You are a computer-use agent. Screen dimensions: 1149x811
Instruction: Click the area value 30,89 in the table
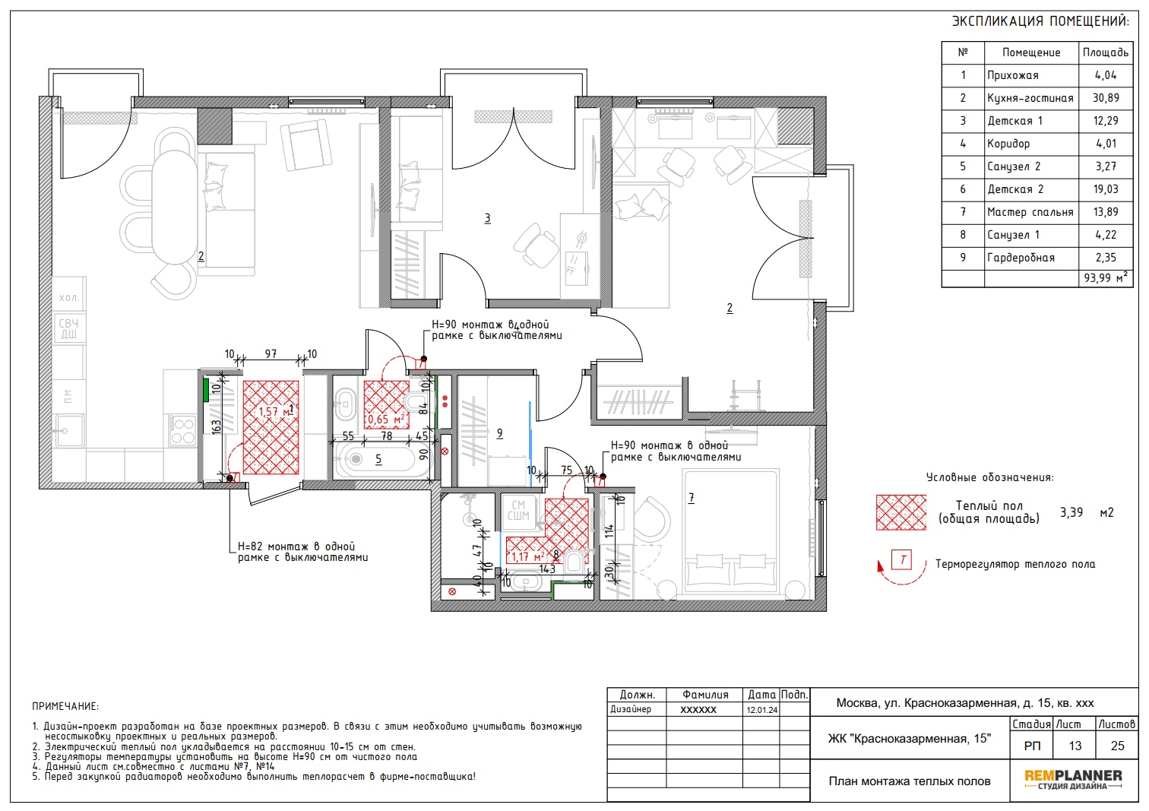[1106, 98]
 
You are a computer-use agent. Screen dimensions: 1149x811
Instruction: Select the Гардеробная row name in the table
[1021, 258]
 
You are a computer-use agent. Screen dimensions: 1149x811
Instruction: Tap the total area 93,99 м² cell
[1106, 278]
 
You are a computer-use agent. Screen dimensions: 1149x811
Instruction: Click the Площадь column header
[1106, 53]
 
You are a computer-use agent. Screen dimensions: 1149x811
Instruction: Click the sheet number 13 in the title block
[1075, 746]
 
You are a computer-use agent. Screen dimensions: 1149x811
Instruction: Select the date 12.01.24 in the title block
[761, 710]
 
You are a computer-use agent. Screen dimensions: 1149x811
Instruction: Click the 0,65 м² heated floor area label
[386, 420]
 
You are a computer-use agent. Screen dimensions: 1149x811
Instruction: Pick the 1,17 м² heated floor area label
[528, 556]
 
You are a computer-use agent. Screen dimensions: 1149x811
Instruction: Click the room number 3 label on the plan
[487, 219]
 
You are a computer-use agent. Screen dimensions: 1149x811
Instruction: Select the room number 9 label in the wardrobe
[499, 434]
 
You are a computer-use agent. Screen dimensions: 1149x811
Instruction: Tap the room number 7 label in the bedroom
[692, 498]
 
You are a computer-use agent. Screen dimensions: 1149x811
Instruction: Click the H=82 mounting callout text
[302, 552]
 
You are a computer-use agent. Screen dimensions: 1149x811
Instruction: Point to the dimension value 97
[271, 354]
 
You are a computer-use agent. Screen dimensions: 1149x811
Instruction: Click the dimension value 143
[547, 569]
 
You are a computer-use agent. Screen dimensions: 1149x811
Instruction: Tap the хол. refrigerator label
[68, 297]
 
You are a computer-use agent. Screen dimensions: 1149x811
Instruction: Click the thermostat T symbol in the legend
[902, 559]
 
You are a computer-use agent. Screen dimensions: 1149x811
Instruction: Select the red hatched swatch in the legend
[901, 512]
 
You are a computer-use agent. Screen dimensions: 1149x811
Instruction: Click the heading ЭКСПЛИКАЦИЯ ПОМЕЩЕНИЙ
[1041, 21]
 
